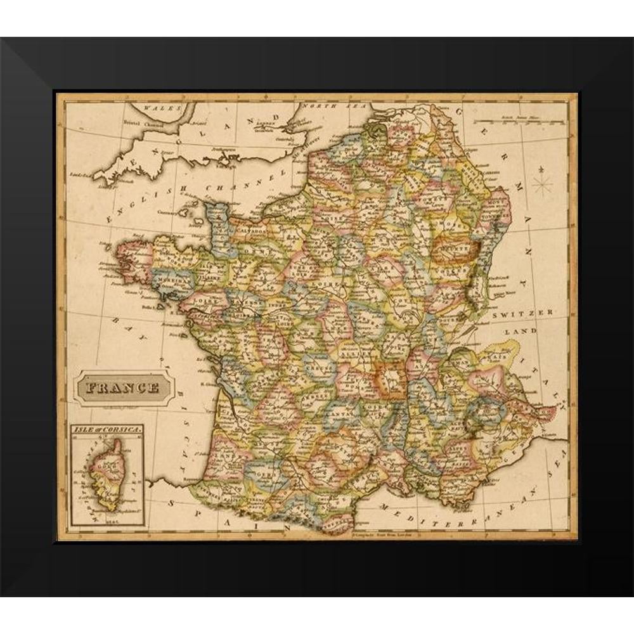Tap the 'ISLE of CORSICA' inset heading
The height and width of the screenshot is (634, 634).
coord(105,429)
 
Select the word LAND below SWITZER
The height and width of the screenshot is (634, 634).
coord(525,330)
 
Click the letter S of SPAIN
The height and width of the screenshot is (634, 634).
coord(172,502)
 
